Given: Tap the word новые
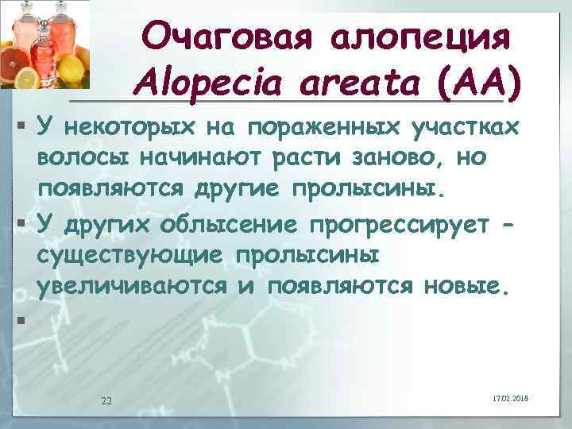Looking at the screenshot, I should click(x=462, y=286).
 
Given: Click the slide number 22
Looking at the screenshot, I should click(x=106, y=400).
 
